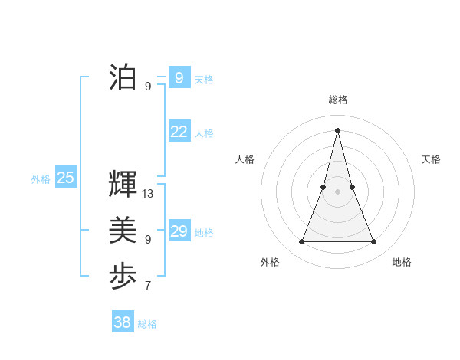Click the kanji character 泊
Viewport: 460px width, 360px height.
[x=123, y=77]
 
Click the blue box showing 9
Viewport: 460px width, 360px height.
[x=179, y=77]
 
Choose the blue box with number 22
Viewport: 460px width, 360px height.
[x=179, y=131]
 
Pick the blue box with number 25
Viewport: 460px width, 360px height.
[x=65, y=178]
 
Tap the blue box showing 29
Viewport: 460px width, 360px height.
[x=179, y=231]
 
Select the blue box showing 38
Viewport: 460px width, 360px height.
[x=122, y=322]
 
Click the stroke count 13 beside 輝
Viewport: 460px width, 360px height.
[x=148, y=194]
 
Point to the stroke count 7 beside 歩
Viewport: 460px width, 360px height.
[x=148, y=286]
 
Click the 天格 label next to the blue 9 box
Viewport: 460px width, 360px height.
[x=204, y=80]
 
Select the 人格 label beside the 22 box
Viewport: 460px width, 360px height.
[x=204, y=133]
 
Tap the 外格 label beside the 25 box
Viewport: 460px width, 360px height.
[x=41, y=179]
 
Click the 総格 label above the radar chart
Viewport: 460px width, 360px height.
[x=338, y=100]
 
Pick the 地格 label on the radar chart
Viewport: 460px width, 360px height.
[x=402, y=262]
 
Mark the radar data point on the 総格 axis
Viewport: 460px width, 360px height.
[x=337, y=129]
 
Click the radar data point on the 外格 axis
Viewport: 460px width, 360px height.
[x=301, y=242]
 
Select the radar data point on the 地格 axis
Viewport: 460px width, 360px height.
[x=373, y=242]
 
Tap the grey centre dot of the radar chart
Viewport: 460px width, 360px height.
[x=337, y=191]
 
